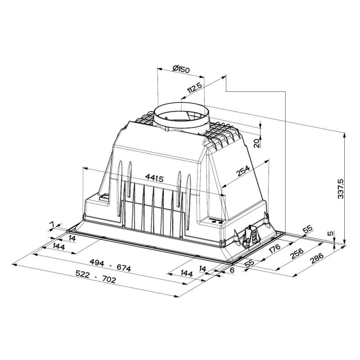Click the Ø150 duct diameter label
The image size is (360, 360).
point(181,69)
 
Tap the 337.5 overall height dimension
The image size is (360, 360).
point(341,188)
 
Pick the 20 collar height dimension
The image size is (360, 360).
point(255,143)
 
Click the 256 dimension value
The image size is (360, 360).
point(296,255)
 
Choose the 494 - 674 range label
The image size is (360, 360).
point(109,268)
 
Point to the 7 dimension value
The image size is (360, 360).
point(52,224)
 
